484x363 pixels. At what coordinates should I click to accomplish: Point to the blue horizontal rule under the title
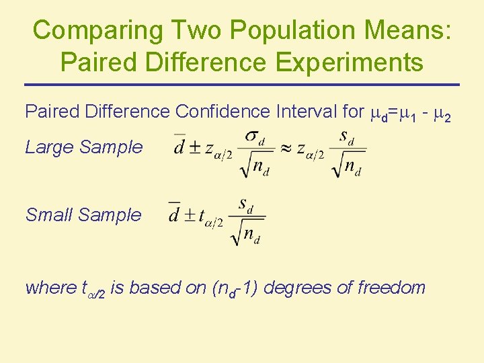[x=242, y=85]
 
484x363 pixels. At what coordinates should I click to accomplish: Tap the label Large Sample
[x=83, y=147]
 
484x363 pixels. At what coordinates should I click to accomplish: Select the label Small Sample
[x=83, y=215]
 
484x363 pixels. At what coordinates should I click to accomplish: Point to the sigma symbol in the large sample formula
[x=252, y=136]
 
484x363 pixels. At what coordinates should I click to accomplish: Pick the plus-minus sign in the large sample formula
[x=194, y=148]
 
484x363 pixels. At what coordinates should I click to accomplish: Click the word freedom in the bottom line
[x=391, y=288]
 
